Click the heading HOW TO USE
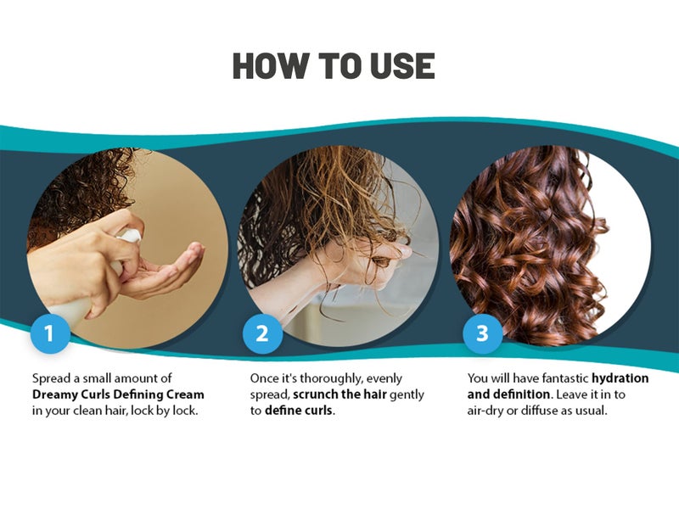334,66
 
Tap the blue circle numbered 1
48,333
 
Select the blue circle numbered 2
262,333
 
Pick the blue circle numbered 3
482,333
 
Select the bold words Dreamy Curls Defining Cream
118,395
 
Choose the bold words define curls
299,411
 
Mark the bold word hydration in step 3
620,378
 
